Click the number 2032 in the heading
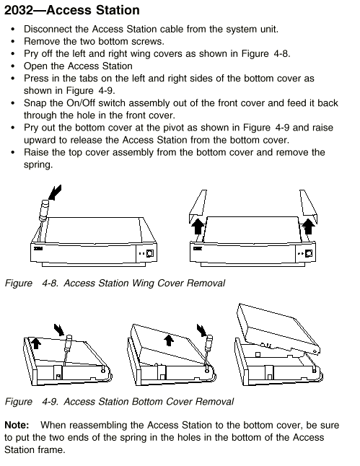[x=19, y=10]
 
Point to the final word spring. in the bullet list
[x=38, y=165]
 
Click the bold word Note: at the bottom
[x=17, y=425]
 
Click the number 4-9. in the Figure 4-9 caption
[x=50, y=402]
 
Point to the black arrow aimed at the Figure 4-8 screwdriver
[x=55, y=193]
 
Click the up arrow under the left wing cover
[x=198, y=227]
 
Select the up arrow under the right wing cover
[x=309, y=227]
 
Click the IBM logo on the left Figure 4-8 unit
[x=38, y=248]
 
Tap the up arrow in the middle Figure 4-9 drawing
[x=169, y=340]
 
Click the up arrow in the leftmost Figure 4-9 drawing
[x=36, y=343]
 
